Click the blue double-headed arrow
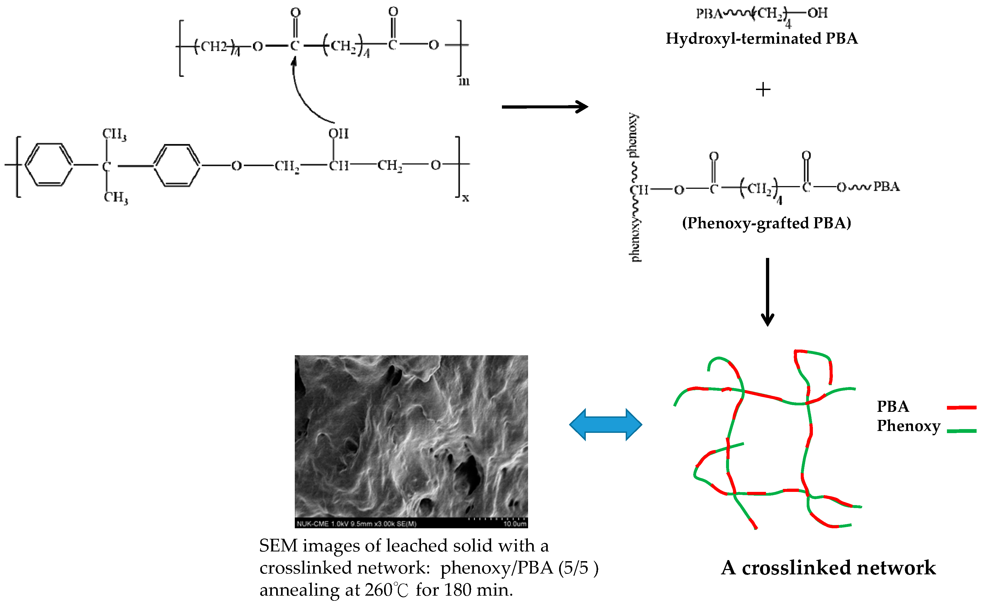[605, 425]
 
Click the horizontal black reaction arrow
[544, 107]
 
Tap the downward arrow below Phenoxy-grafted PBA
[767, 292]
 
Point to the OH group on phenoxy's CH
[338, 133]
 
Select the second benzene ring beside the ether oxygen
[177, 165]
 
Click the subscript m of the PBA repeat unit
[464, 81]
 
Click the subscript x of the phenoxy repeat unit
[465, 198]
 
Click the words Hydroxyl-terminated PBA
[761, 38]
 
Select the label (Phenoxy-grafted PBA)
[766, 223]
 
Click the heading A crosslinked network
[828, 568]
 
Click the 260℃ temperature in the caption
[386, 590]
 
